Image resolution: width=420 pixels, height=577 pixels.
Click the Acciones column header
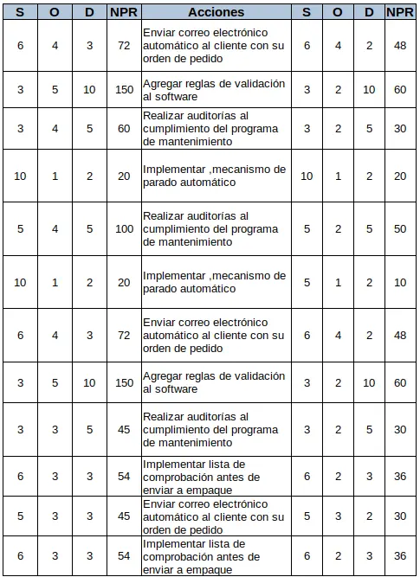(216, 12)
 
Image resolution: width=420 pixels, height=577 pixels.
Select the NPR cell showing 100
(124, 229)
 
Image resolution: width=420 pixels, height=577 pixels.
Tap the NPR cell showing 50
(399, 229)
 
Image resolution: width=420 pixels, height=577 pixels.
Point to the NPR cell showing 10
(399, 282)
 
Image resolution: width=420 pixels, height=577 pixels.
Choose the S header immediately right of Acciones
(307, 12)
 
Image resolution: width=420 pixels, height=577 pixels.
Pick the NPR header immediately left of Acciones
(124, 12)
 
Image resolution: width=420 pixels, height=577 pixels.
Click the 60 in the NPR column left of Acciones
(124, 129)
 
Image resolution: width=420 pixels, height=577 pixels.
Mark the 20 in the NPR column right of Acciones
(399, 176)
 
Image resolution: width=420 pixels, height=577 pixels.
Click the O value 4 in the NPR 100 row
(55, 229)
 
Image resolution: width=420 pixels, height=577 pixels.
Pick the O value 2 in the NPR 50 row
(338, 229)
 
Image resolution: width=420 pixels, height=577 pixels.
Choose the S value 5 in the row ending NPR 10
(307, 282)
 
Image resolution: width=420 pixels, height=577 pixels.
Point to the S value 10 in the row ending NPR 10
(21, 282)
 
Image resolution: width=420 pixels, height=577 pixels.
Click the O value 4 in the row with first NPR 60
(55, 129)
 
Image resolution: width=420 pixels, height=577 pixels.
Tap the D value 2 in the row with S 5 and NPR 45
(369, 516)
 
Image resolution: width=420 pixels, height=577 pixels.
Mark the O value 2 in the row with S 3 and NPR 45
(338, 429)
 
